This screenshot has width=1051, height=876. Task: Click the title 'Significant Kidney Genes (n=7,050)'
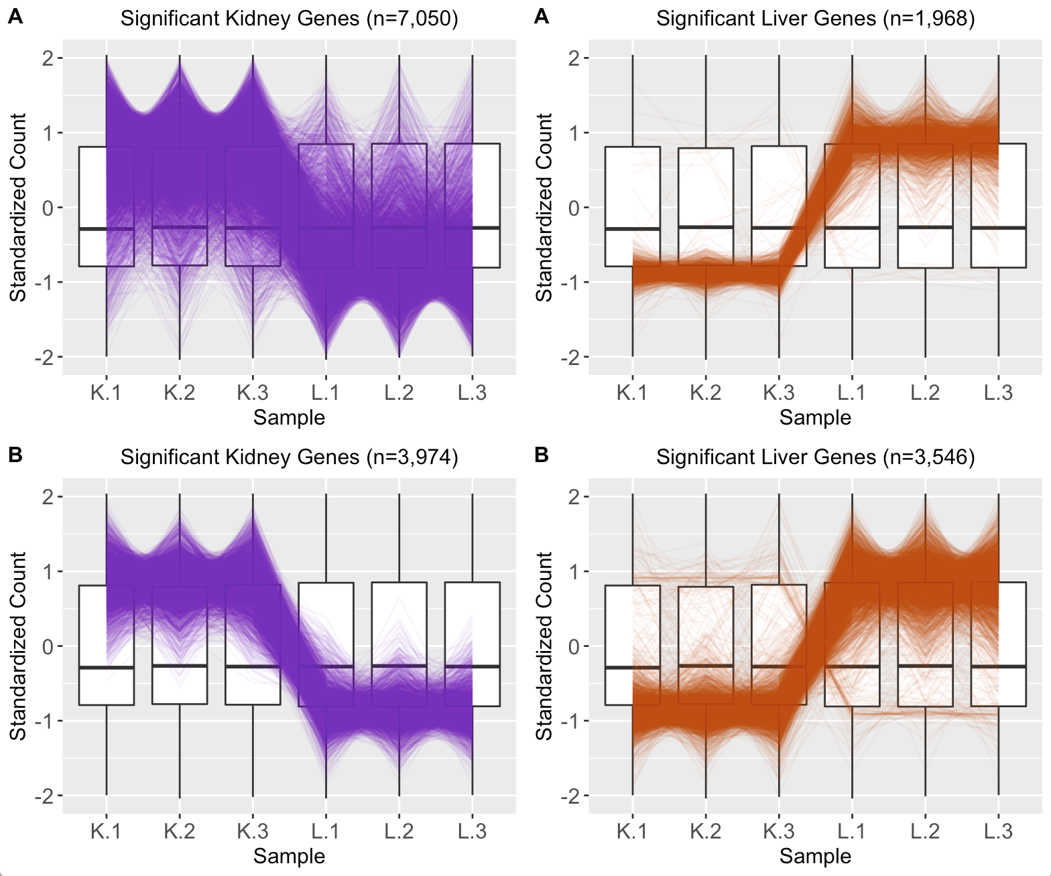(x=289, y=19)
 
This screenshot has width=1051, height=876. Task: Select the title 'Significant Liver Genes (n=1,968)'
(x=815, y=19)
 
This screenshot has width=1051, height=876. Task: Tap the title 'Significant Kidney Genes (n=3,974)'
(x=289, y=457)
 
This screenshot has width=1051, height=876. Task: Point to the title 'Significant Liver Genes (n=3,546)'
(x=815, y=457)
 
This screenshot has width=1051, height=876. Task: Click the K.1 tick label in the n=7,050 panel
(x=106, y=392)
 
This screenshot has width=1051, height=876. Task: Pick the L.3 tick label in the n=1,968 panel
(x=998, y=392)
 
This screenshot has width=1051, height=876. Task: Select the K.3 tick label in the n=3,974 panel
(x=253, y=831)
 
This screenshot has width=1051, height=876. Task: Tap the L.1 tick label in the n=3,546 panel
(x=852, y=831)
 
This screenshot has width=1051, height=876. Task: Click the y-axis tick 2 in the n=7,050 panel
(x=48, y=58)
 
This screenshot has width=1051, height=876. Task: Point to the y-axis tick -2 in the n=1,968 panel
(x=570, y=357)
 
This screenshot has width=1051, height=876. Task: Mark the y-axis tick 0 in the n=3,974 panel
(x=48, y=646)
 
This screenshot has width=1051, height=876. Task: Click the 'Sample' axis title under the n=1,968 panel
(x=815, y=417)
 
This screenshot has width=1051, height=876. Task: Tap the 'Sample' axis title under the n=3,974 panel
(x=289, y=856)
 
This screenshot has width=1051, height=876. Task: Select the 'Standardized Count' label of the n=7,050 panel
(x=18, y=208)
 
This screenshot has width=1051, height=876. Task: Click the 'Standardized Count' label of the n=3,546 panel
(x=544, y=646)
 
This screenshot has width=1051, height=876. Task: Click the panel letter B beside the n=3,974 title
(x=15, y=455)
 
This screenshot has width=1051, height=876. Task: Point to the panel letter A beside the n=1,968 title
(x=542, y=17)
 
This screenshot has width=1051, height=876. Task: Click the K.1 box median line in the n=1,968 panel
(x=618, y=229)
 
